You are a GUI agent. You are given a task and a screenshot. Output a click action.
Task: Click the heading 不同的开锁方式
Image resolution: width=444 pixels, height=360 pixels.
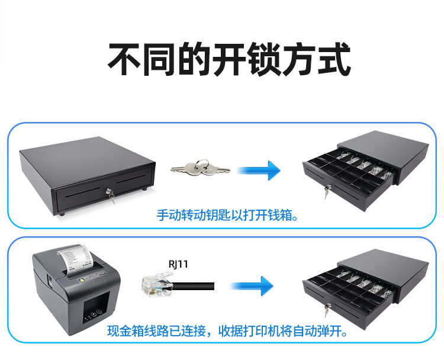(229, 59)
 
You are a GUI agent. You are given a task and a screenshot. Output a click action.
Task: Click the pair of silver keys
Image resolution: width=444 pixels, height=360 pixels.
(200, 168)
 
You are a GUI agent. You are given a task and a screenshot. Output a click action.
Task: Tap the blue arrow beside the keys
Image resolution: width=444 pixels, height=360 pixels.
(259, 170)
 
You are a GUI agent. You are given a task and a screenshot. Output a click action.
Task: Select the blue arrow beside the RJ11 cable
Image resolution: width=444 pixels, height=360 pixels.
(252, 286)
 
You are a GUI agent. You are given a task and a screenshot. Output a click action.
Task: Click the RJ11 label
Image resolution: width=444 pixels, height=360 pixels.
(178, 264)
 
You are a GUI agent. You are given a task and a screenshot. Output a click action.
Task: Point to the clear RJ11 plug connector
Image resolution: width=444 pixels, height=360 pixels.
(157, 284)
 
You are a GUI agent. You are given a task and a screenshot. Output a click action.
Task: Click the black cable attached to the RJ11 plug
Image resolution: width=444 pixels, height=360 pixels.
(193, 286)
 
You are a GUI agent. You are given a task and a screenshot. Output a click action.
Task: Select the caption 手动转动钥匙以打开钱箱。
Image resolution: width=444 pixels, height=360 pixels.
(227, 216)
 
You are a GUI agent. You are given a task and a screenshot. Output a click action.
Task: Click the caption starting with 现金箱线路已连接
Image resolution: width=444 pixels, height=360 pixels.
(227, 331)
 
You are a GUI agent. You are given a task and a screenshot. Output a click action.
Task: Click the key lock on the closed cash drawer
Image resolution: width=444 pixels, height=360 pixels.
(108, 191)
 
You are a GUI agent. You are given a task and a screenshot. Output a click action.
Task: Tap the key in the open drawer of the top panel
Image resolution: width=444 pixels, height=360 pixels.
(327, 191)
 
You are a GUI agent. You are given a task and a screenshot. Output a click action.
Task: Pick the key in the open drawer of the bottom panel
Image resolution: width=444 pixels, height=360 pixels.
(327, 310)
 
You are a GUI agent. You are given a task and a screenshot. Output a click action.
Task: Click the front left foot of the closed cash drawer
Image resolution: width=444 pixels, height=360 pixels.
(62, 214)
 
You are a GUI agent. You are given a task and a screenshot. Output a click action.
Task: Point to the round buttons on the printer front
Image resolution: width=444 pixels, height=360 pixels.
(93, 314)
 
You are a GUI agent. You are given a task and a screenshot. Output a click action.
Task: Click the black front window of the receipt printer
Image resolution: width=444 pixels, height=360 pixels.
(96, 307)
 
